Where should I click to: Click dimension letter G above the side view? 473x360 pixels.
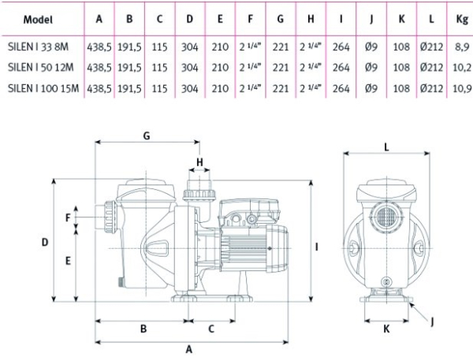147,135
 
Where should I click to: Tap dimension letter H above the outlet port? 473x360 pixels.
199,162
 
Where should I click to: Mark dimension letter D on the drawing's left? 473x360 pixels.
45,242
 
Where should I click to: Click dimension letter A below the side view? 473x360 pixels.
188,348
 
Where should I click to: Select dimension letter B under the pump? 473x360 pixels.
143,328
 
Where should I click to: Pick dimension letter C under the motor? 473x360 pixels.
212,328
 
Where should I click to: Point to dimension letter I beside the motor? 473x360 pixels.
316,247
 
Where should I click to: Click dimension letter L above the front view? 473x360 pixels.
386,147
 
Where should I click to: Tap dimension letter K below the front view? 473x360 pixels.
385,329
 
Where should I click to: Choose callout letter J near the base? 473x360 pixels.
431,321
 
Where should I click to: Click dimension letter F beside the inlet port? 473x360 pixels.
68,217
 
